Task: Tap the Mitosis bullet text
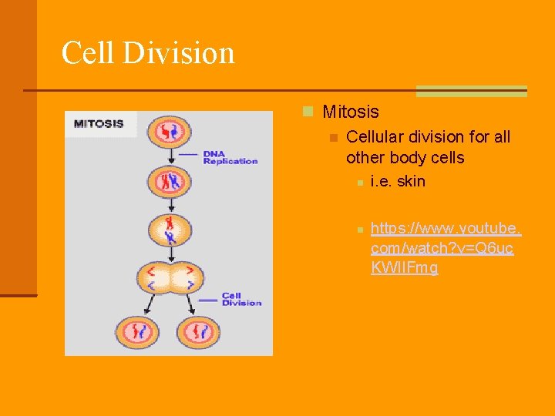click(x=351, y=112)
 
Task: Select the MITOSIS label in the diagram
click(x=99, y=124)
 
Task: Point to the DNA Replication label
click(x=230, y=157)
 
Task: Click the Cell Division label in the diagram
click(x=241, y=299)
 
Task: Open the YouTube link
click(x=446, y=248)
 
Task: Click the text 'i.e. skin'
click(x=398, y=182)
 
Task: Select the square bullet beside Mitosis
click(x=308, y=112)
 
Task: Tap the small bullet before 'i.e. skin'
click(x=359, y=183)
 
